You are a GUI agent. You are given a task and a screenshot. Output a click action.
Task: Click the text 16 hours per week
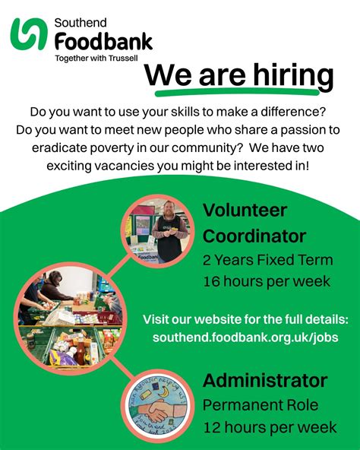[x=266, y=281]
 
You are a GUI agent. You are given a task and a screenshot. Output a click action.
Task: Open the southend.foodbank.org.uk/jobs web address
[x=245, y=336]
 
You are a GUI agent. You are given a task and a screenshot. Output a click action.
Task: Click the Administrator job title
[x=265, y=380]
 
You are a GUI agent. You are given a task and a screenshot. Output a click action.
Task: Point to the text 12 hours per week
[x=270, y=427]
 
